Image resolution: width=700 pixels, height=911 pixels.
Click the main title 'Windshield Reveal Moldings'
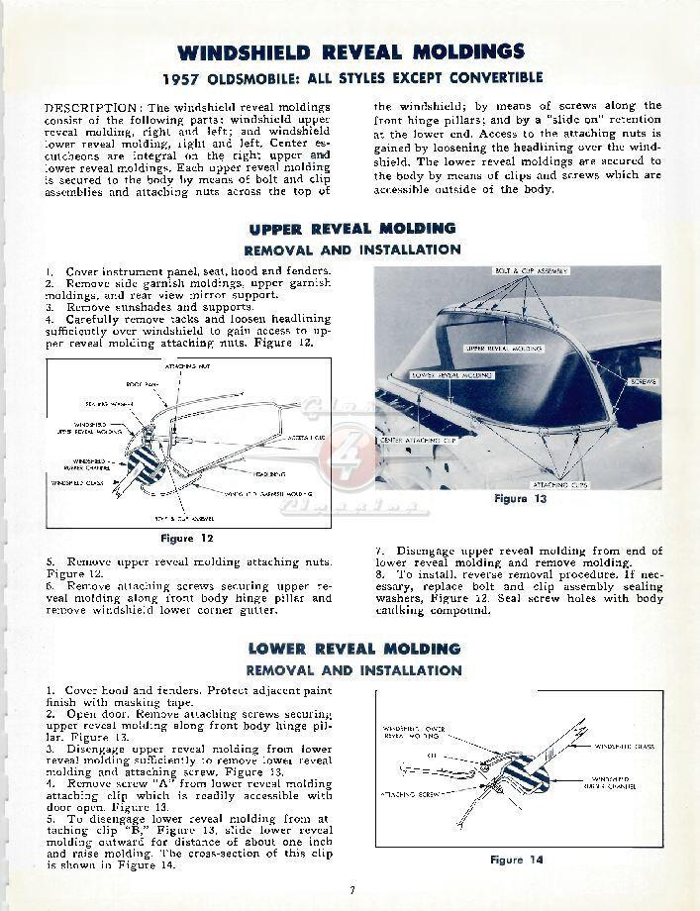click(x=350, y=51)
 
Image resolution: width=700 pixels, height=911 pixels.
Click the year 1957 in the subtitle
click(x=184, y=78)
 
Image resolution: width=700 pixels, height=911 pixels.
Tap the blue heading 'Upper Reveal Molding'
click(x=352, y=229)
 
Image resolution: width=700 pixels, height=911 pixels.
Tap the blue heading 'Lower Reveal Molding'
click(x=353, y=649)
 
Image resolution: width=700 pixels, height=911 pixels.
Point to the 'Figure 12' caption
click(x=186, y=538)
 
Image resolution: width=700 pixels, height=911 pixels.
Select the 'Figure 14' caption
click(x=517, y=860)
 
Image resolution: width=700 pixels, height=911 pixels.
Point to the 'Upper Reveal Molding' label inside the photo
click(x=503, y=350)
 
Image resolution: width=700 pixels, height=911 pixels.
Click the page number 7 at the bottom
click(x=350, y=890)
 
